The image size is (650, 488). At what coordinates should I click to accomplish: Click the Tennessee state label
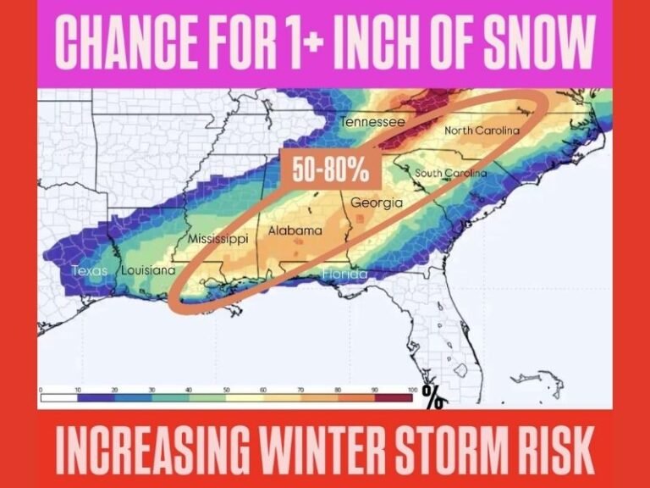coord(372,122)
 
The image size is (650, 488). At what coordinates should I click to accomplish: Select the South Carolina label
coord(450,174)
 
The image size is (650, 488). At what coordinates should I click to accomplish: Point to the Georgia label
coord(376,203)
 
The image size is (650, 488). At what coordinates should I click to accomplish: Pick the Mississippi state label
coord(218,240)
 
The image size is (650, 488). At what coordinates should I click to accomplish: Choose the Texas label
coord(91,272)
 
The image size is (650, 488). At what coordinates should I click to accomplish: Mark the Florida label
coord(344,274)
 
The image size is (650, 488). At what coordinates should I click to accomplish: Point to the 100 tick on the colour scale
coord(413,389)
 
